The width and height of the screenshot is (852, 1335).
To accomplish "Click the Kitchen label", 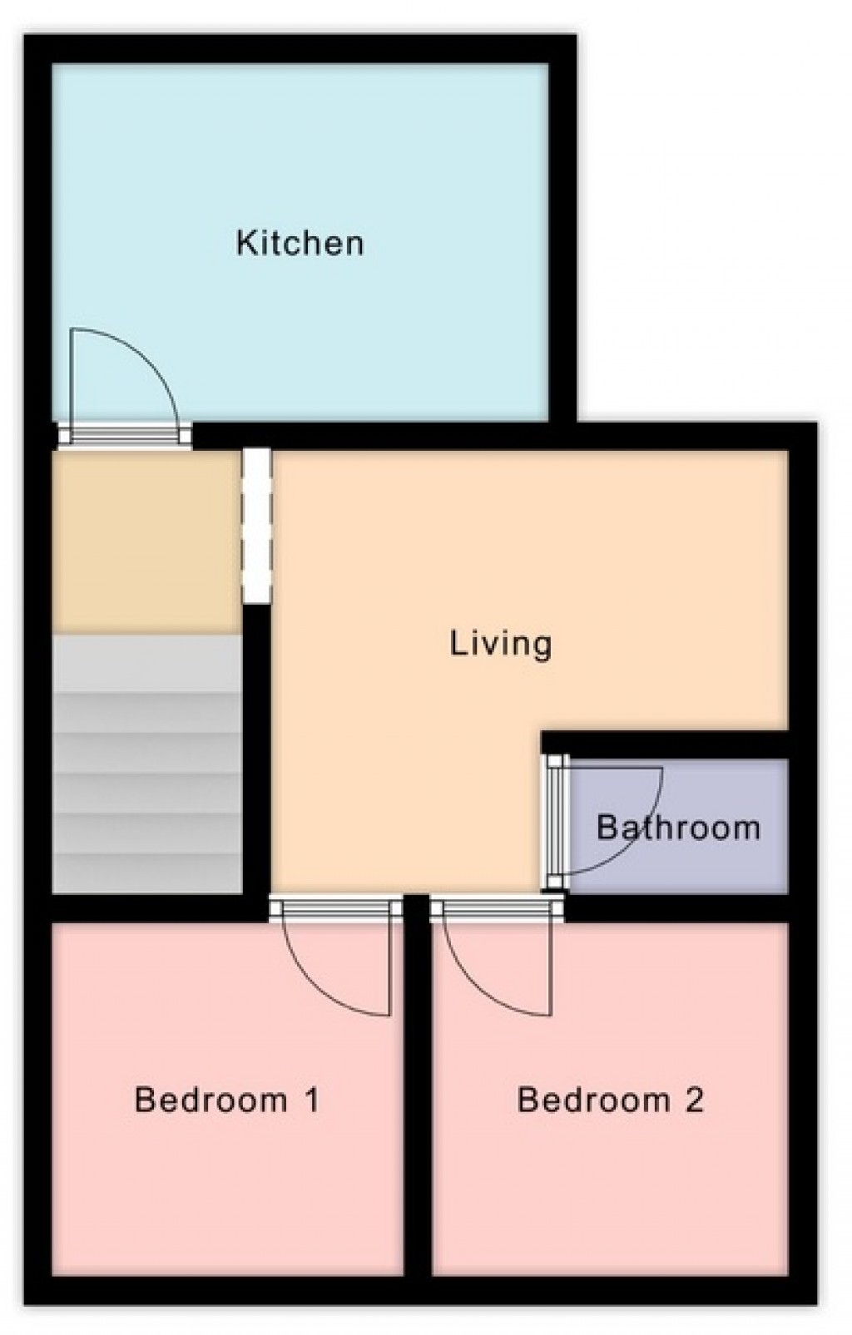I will (x=300, y=243).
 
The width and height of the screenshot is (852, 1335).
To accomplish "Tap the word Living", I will (x=501, y=644).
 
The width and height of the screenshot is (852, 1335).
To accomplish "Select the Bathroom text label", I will (x=678, y=828).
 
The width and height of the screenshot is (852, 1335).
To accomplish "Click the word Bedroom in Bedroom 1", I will (x=211, y=1100).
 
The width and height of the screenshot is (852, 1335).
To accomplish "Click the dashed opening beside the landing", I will (x=256, y=526).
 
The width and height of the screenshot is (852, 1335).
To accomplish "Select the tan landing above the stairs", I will (x=146, y=541).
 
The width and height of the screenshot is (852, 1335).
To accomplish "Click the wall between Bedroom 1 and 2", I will (x=418, y=1098).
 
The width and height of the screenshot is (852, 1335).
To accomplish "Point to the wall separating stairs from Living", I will (x=256, y=749).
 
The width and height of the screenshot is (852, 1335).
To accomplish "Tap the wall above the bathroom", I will (x=666, y=744).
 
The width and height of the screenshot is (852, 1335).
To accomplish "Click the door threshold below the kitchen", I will (x=125, y=434).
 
